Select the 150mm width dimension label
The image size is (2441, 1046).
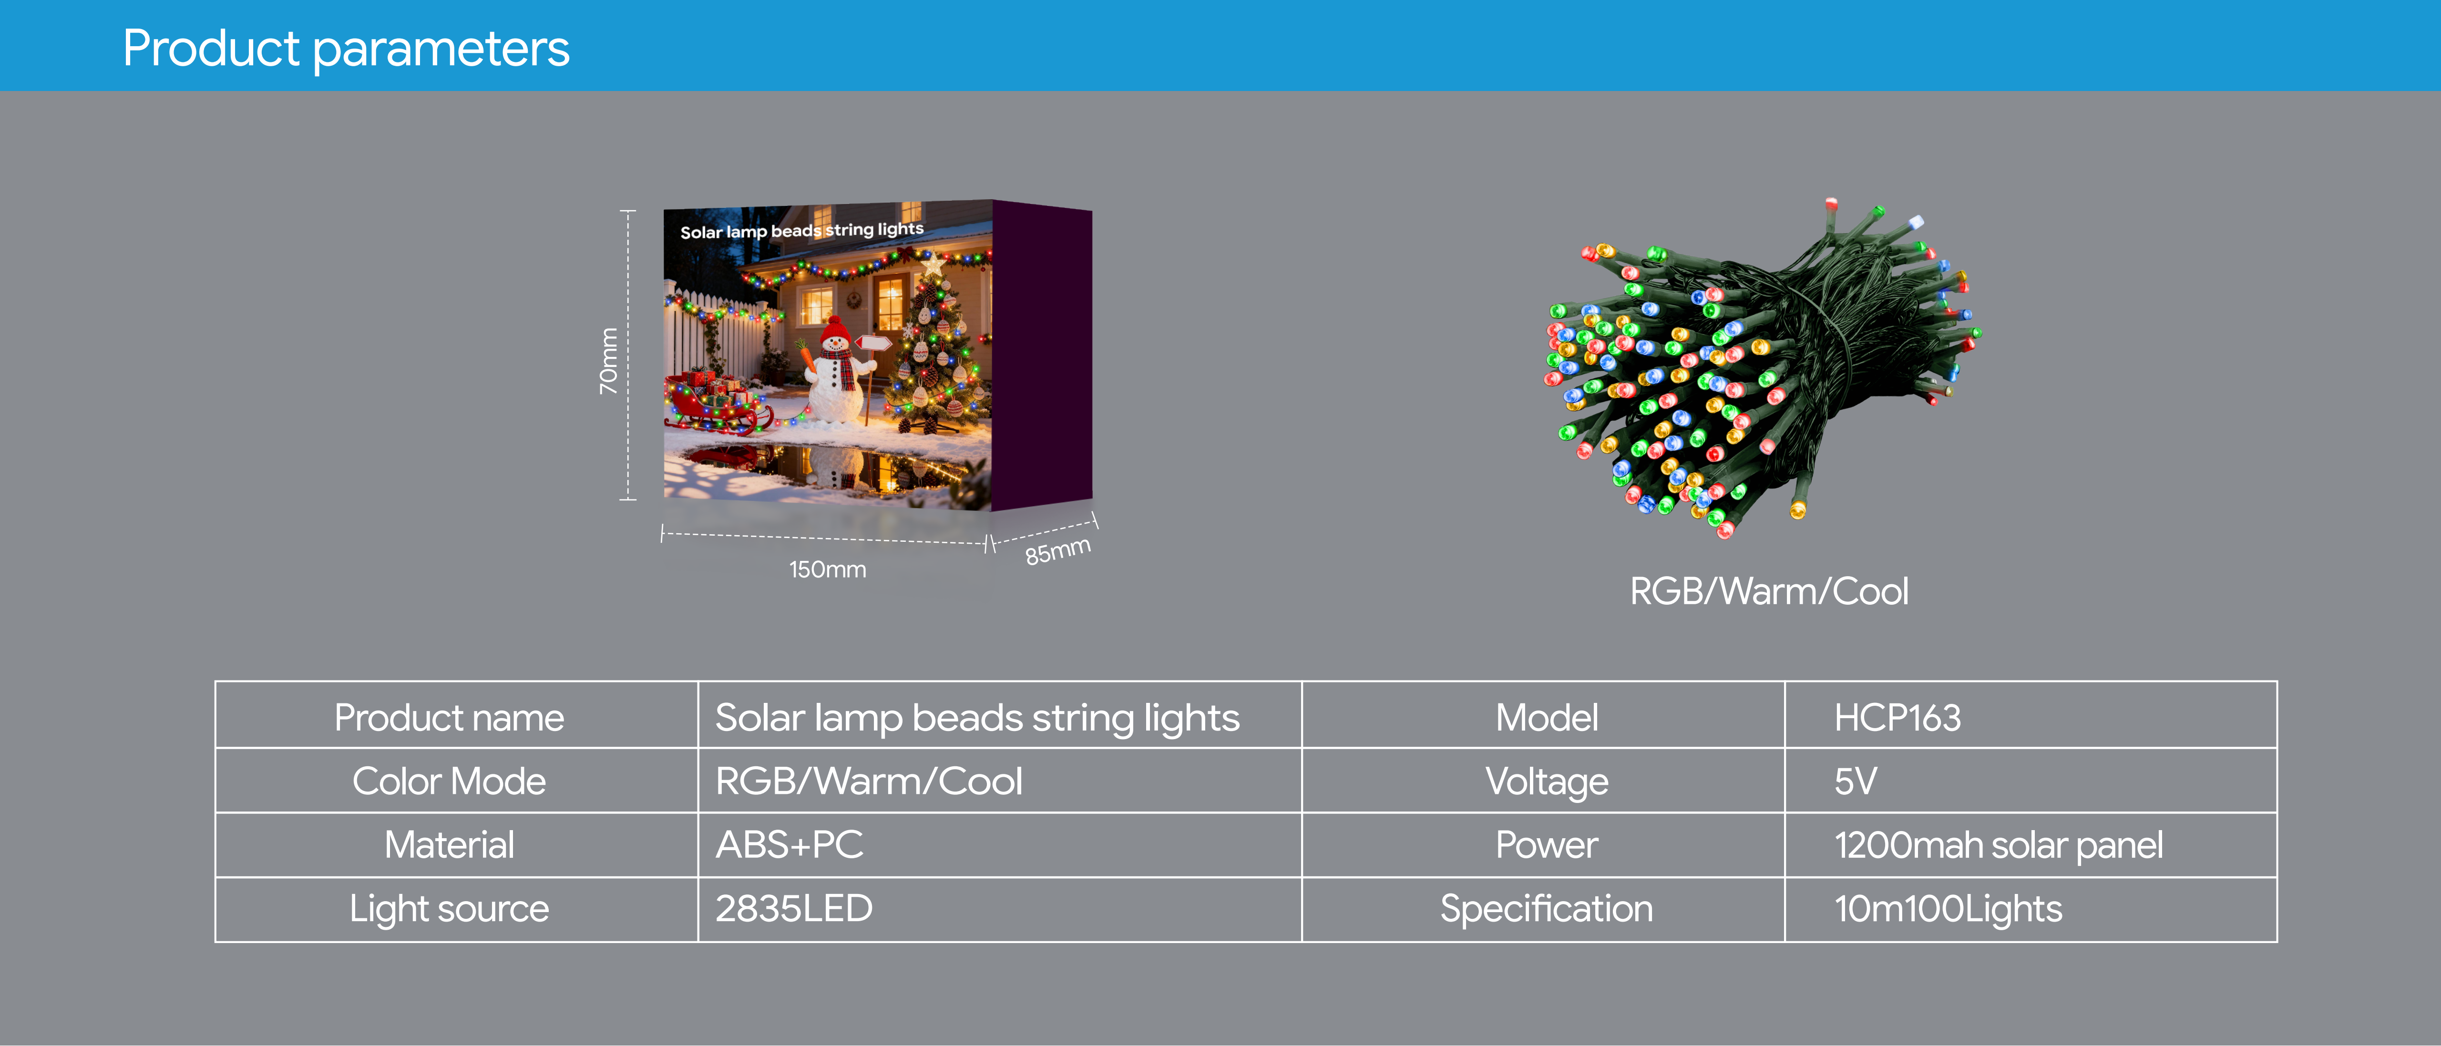tap(827, 569)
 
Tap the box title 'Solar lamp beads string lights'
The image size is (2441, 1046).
tap(801, 230)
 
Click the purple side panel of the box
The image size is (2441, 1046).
tap(1042, 355)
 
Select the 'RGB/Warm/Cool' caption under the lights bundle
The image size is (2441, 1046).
tap(1768, 591)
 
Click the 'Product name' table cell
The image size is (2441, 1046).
tap(449, 717)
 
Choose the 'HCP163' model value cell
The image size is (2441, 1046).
tap(1897, 717)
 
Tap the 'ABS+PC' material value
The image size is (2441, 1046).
tap(790, 845)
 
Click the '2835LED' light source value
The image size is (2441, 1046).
tap(794, 909)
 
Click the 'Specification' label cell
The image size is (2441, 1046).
tap(1547, 909)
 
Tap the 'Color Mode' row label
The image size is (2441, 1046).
tap(449, 782)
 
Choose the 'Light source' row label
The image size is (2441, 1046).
tap(449, 909)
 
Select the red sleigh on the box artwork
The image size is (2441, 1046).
tap(716, 403)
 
